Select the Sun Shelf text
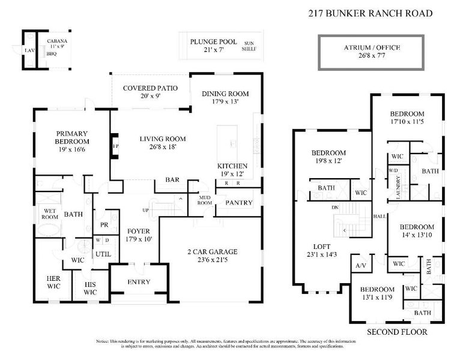249,46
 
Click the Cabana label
58,41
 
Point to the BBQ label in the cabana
52,53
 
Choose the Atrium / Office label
372,48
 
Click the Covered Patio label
150,88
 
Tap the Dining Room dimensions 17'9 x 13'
225,101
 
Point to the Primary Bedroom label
72,137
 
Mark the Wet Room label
49,214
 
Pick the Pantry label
238,203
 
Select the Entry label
139,282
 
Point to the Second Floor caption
397,331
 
